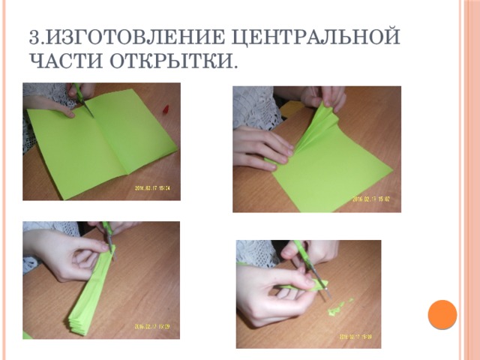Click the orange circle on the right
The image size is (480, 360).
pos(442,314)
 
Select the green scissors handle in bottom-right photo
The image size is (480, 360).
pos(299,250)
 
